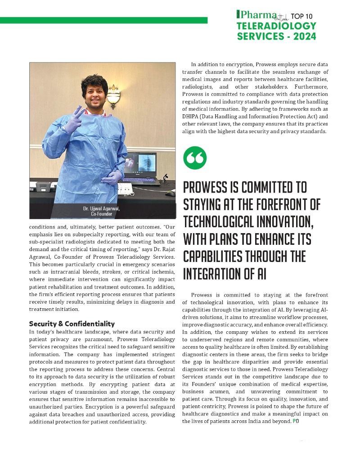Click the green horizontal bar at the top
tap(103, 20)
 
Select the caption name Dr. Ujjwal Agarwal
tap(101, 208)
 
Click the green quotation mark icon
tap(195, 157)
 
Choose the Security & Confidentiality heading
tap(72, 324)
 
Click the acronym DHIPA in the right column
tap(191, 116)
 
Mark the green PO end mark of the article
tap(296, 421)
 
